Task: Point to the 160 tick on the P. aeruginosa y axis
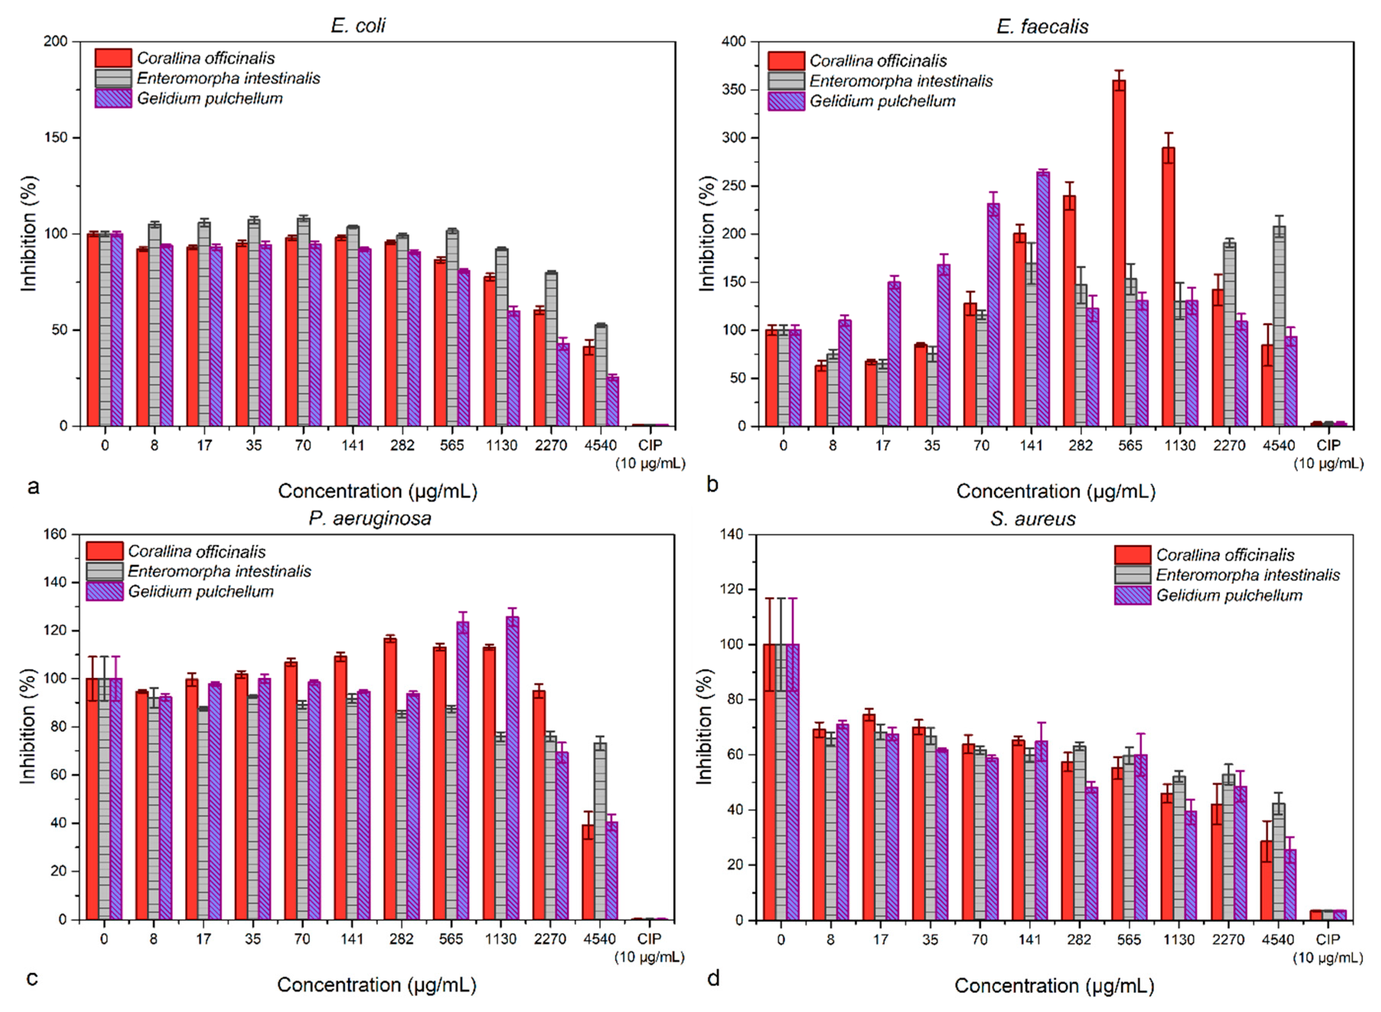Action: (x=55, y=534)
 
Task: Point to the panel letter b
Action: (x=712, y=484)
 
